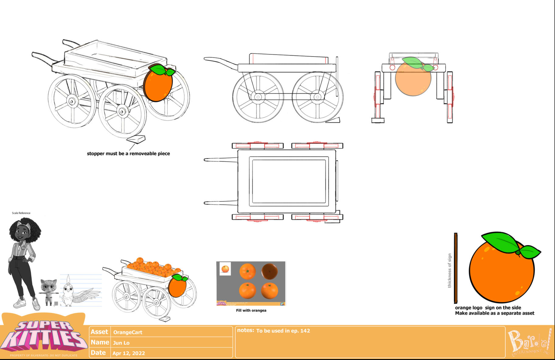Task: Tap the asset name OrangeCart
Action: pos(128,332)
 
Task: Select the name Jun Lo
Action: pos(121,343)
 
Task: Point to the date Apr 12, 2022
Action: pos(129,353)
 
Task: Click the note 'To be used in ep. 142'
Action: pos(283,331)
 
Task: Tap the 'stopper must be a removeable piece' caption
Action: pos(128,153)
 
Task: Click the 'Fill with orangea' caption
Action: pos(251,310)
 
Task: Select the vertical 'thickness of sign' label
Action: pos(449,270)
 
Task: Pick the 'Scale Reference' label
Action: pos(21,213)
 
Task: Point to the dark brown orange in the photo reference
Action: pos(269,271)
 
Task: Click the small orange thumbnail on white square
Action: pos(225,269)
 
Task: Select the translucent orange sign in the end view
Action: pos(413,78)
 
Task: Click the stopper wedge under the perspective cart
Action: pos(136,139)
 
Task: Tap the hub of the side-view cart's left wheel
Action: pos(258,97)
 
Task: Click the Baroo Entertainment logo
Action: pos(529,342)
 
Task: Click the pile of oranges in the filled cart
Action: pos(152,267)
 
